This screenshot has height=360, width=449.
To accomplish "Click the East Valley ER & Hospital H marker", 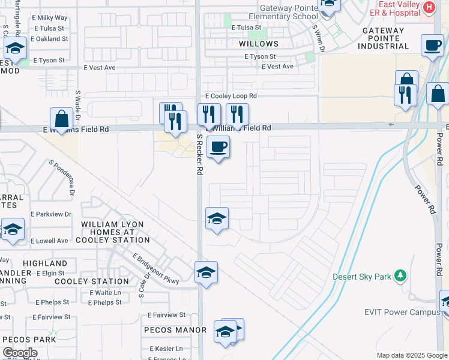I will pos(429,7).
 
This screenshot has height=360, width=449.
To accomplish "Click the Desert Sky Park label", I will pos(363,277).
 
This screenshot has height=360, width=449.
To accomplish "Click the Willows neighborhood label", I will pos(259,44).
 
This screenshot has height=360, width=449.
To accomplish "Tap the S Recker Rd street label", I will pos(199,154).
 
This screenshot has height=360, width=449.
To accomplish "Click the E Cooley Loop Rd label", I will pos(231,96).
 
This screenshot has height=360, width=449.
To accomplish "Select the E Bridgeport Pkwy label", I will pos(157,271).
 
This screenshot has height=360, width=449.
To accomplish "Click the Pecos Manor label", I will pos(175,330).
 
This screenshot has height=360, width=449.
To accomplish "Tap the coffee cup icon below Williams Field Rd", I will pos(218,146).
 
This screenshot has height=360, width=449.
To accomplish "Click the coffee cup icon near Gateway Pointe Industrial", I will pos(432,45).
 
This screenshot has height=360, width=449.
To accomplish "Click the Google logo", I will pos(20,353).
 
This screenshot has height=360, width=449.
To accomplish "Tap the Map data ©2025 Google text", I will pos(412,355).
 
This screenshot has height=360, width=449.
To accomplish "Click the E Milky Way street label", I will pos(52,18).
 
